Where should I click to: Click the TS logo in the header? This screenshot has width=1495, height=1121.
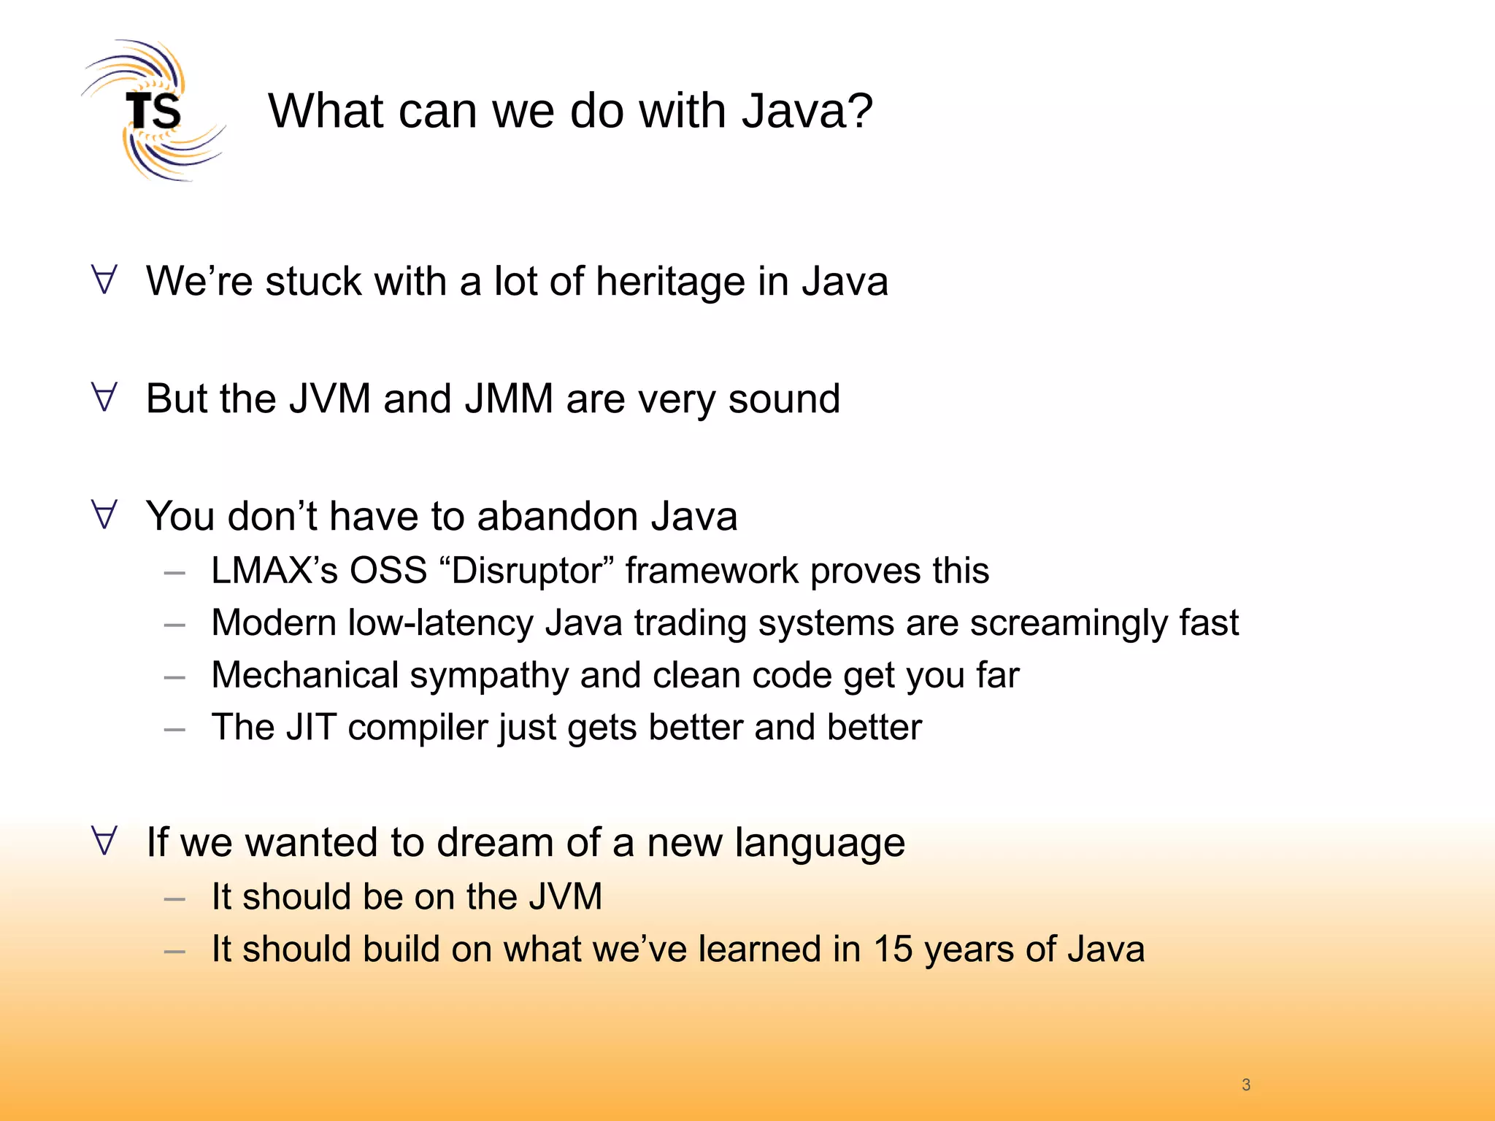click(153, 111)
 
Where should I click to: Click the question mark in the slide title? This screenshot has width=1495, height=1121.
click(859, 111)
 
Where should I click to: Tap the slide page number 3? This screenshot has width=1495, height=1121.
click(1246, 1085)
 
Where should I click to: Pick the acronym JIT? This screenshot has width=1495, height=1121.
click(311, 727)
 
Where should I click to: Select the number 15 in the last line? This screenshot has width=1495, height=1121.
click(893, 949)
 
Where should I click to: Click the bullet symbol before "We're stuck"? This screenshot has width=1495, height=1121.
click(104, 280)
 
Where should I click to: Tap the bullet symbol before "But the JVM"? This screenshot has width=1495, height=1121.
click(104, 398)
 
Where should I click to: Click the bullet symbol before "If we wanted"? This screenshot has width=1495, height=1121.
click(104, 841)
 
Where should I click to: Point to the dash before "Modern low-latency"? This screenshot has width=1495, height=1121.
click(174, 625)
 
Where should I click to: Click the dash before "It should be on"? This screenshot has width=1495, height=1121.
click(174, 899)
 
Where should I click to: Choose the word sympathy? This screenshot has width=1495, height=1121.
click(489, 676)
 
